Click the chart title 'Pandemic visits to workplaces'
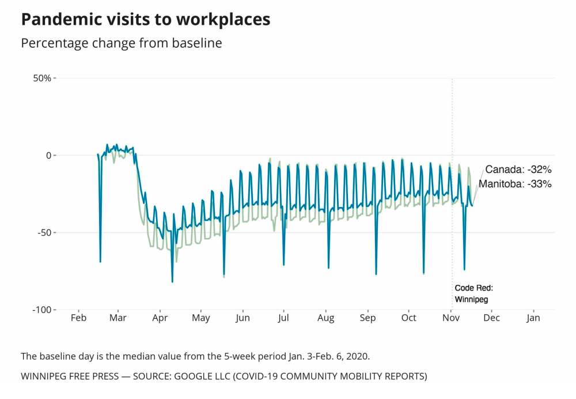(x=145, y=19)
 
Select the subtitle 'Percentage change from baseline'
(x=121, y=43)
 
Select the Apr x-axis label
(x=160, y=318)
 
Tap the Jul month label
(x=283, y=318)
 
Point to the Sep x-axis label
(x=367, y=318)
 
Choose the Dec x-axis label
(x=491, y=318)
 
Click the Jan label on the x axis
(x=533, y=318)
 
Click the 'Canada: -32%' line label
(x=518, y=170)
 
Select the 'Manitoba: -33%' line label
(x=515, y=185)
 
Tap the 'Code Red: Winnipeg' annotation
(x=473, y=293)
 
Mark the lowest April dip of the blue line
(x=172, y=281)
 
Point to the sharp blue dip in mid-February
(x=100, y=261)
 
